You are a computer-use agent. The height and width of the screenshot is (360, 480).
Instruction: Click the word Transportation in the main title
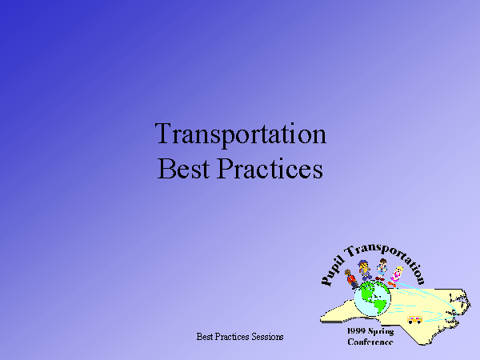(241, 134)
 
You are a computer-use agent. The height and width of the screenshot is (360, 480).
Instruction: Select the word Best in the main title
(184, 168)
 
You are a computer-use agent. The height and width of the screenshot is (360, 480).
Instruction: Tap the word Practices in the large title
(270, 168)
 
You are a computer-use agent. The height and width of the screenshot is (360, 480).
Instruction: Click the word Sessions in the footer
(267, 337)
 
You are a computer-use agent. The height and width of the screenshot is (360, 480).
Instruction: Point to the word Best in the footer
(205, 337)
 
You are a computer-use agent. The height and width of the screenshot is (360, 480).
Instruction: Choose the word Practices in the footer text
(232, 337)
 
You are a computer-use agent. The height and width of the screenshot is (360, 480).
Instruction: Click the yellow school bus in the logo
(414, 320)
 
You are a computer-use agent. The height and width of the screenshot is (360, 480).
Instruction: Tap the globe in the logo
(372, 298)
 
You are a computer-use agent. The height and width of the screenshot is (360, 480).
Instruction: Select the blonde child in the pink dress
(395, 277)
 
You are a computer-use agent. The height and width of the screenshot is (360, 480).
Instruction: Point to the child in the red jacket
(351, 279)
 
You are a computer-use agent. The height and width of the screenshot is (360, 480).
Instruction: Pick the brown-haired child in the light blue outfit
(382, 270)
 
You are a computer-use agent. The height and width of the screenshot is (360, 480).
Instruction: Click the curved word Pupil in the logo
(332, 272)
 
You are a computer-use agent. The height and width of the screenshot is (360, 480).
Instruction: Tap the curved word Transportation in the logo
(386, 258)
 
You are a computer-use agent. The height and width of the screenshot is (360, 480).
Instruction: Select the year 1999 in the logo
(356, 331)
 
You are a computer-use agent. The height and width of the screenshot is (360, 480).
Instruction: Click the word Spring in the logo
(381, 331)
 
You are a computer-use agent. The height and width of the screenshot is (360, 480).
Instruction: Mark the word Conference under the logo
(370, 342)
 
